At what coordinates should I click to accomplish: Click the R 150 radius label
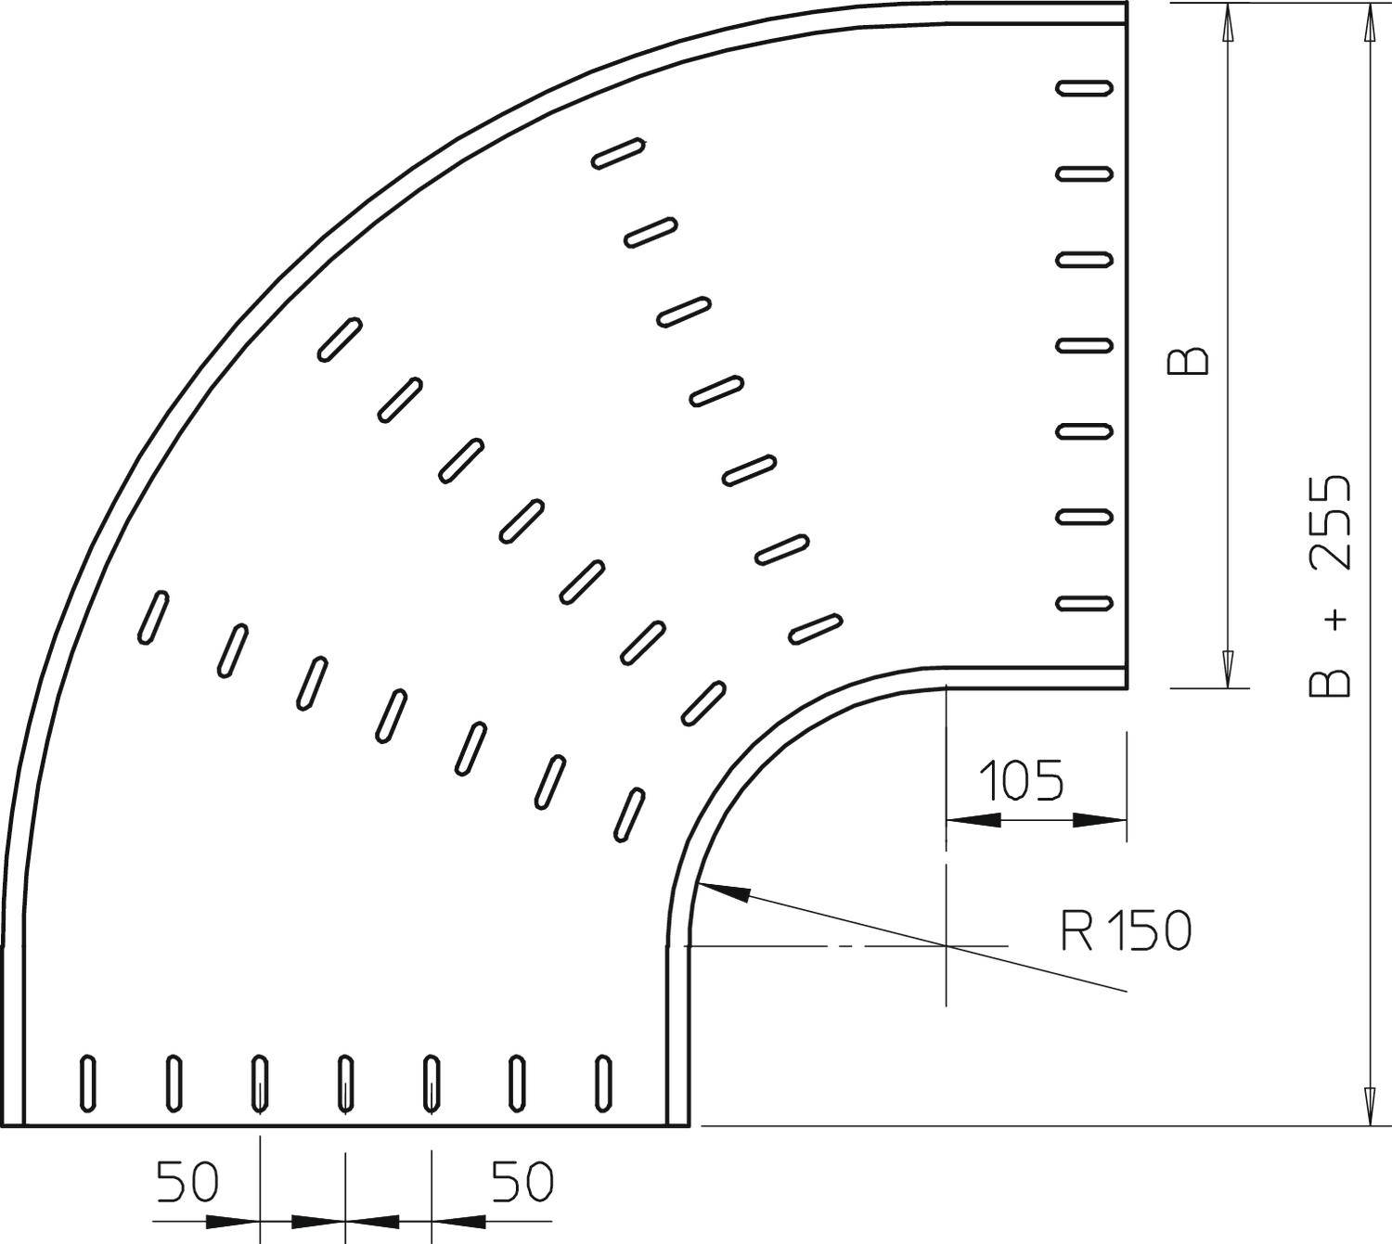(1126, 930)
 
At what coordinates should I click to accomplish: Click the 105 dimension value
(1024, 780)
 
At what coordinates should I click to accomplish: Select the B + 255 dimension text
(1330, 586)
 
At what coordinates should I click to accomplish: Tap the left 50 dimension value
(187, 1182)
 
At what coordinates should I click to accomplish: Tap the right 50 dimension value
(522, 1182)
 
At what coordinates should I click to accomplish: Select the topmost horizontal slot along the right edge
(1084, 88)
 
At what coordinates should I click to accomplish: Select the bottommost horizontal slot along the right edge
(1084, 603)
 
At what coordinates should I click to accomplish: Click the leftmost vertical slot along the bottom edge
(88, 1083)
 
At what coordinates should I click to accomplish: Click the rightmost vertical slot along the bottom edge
(604, 1083)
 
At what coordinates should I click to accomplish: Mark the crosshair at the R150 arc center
(946, 944)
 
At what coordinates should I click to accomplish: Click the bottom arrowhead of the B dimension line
(1228, 669)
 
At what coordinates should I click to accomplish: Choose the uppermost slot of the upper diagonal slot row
(619, 153)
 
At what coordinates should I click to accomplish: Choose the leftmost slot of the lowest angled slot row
(153, 617)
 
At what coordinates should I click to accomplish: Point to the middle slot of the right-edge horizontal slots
(1084, 345)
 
